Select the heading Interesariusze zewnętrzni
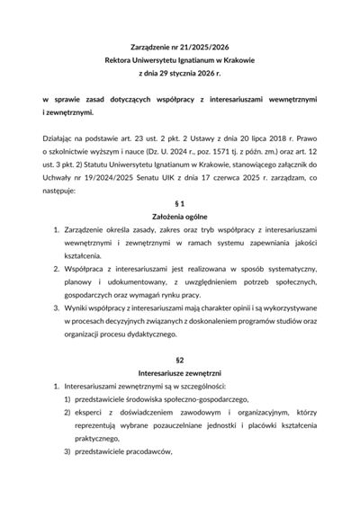180,372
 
